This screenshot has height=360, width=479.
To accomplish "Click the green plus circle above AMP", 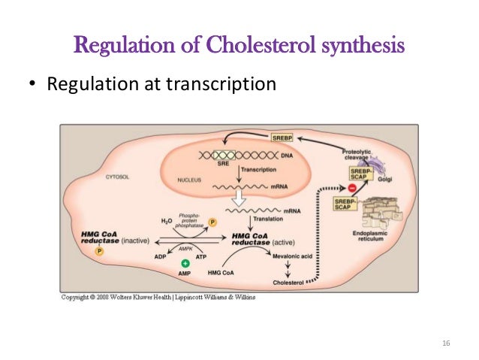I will tap(185, 264).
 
